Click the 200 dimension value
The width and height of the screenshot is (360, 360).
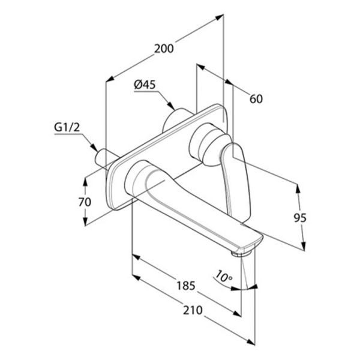click(164, 49)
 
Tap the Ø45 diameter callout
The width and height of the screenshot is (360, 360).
click(145, 85)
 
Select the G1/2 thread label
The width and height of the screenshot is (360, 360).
click(67, 127)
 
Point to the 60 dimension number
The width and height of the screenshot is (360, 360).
click(256, 99)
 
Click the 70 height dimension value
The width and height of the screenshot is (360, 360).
click(85, 202)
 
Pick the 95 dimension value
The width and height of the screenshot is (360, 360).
click(300, 218)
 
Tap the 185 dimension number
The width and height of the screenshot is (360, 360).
click(186, 286)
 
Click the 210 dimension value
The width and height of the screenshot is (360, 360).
click(193, 310)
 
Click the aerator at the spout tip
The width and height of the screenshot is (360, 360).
click(241, 253)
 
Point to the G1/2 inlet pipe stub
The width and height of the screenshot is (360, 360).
click(102, 158)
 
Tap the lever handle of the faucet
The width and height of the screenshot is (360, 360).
click(236, 181)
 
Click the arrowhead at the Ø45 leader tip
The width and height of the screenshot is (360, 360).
click(171, 106)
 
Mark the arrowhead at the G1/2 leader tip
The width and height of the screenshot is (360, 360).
click(94, 148)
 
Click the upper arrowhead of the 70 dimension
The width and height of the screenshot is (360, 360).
click(85, 182)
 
